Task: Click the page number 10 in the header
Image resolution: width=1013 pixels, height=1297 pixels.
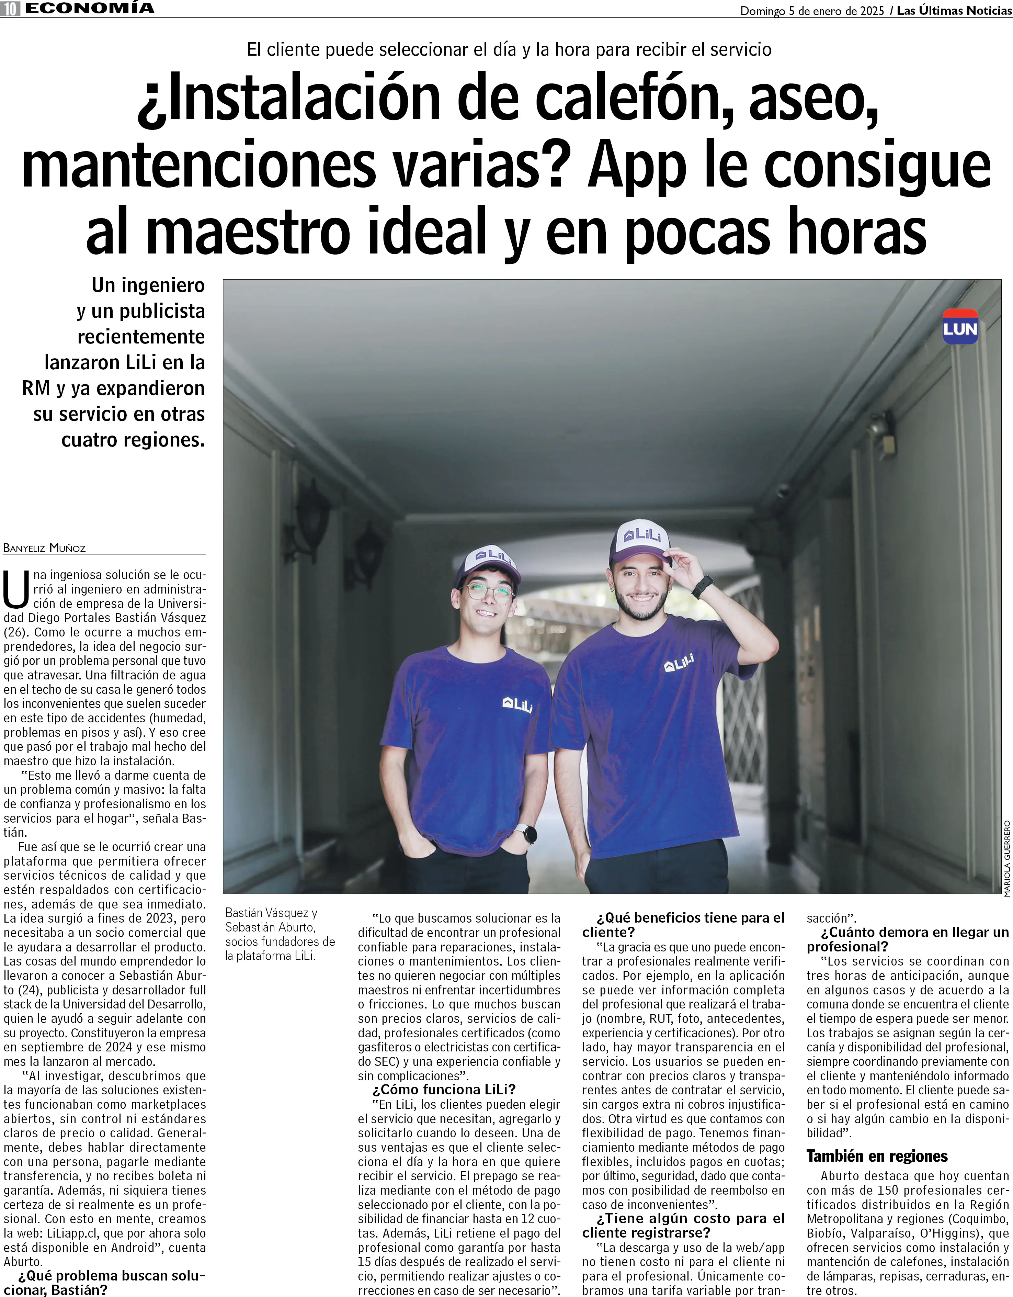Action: click(x=10, y=9)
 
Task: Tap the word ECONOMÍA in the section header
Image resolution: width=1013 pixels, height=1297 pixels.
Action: click(x=89, y=8)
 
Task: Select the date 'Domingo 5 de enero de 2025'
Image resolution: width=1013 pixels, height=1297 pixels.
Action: click(x=812, y=11)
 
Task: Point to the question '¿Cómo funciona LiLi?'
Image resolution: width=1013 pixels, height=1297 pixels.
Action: click(x=444, y=1089)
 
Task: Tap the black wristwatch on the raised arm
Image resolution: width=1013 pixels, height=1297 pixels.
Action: click(x=703, y=586)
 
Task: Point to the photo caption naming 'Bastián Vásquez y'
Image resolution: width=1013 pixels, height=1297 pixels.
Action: click(x=271, y=913)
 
